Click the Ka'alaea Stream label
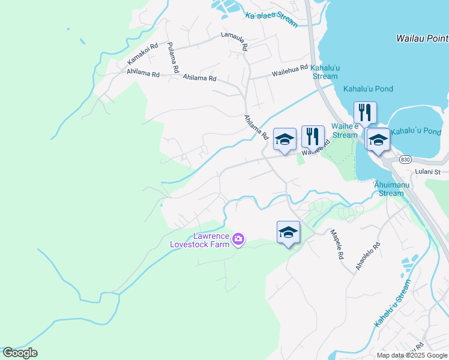271,17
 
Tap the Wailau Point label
422,38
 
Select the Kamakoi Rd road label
142,53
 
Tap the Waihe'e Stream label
345,131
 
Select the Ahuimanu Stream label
392,189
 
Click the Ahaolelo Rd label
368,256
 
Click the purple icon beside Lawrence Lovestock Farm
239,240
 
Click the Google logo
20,353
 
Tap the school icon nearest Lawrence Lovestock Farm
288,232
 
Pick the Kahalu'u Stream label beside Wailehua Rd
325,72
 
